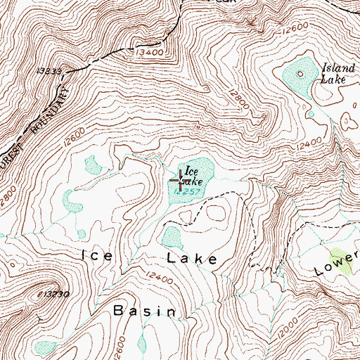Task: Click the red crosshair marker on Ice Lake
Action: (181, 181)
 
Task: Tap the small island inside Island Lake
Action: (302, 73)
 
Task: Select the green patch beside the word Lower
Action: (342, 259)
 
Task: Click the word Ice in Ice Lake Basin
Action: (97, 257)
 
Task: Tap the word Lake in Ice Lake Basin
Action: (192, 259)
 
